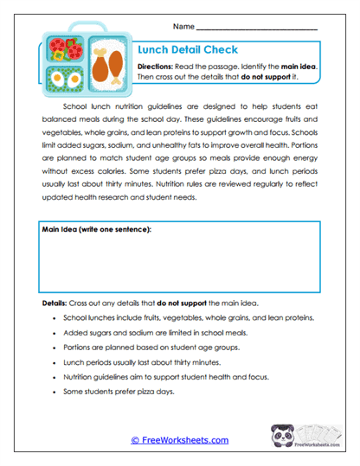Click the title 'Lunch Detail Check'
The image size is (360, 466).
(x=188, y=50)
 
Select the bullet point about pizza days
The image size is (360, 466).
(x=119, y=392)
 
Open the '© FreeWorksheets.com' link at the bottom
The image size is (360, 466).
(x=179, y=440)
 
